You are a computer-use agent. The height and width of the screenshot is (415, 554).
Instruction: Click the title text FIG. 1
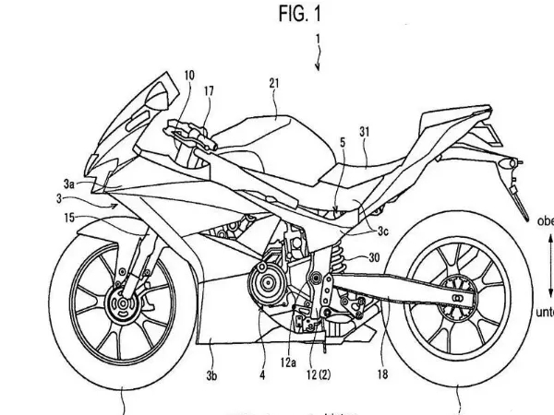[x=300, y=15]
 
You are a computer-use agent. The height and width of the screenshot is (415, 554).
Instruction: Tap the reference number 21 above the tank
[x=273, y=83]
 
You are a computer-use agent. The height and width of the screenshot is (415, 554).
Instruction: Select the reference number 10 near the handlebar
[x=189, y=76]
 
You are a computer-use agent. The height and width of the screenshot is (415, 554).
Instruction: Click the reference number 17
[x=209, y=90]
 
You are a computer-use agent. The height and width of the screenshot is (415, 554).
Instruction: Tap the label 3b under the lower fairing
[x=211, y=375]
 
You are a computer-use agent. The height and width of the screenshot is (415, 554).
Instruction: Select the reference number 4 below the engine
[x=261, y=375]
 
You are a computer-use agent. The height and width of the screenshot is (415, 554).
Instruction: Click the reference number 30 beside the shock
[x=373, y=258]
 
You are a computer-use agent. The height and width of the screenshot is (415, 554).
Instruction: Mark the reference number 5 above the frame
[x=342, y=143]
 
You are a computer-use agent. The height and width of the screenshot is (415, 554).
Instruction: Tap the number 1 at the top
[x=318, y=41]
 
